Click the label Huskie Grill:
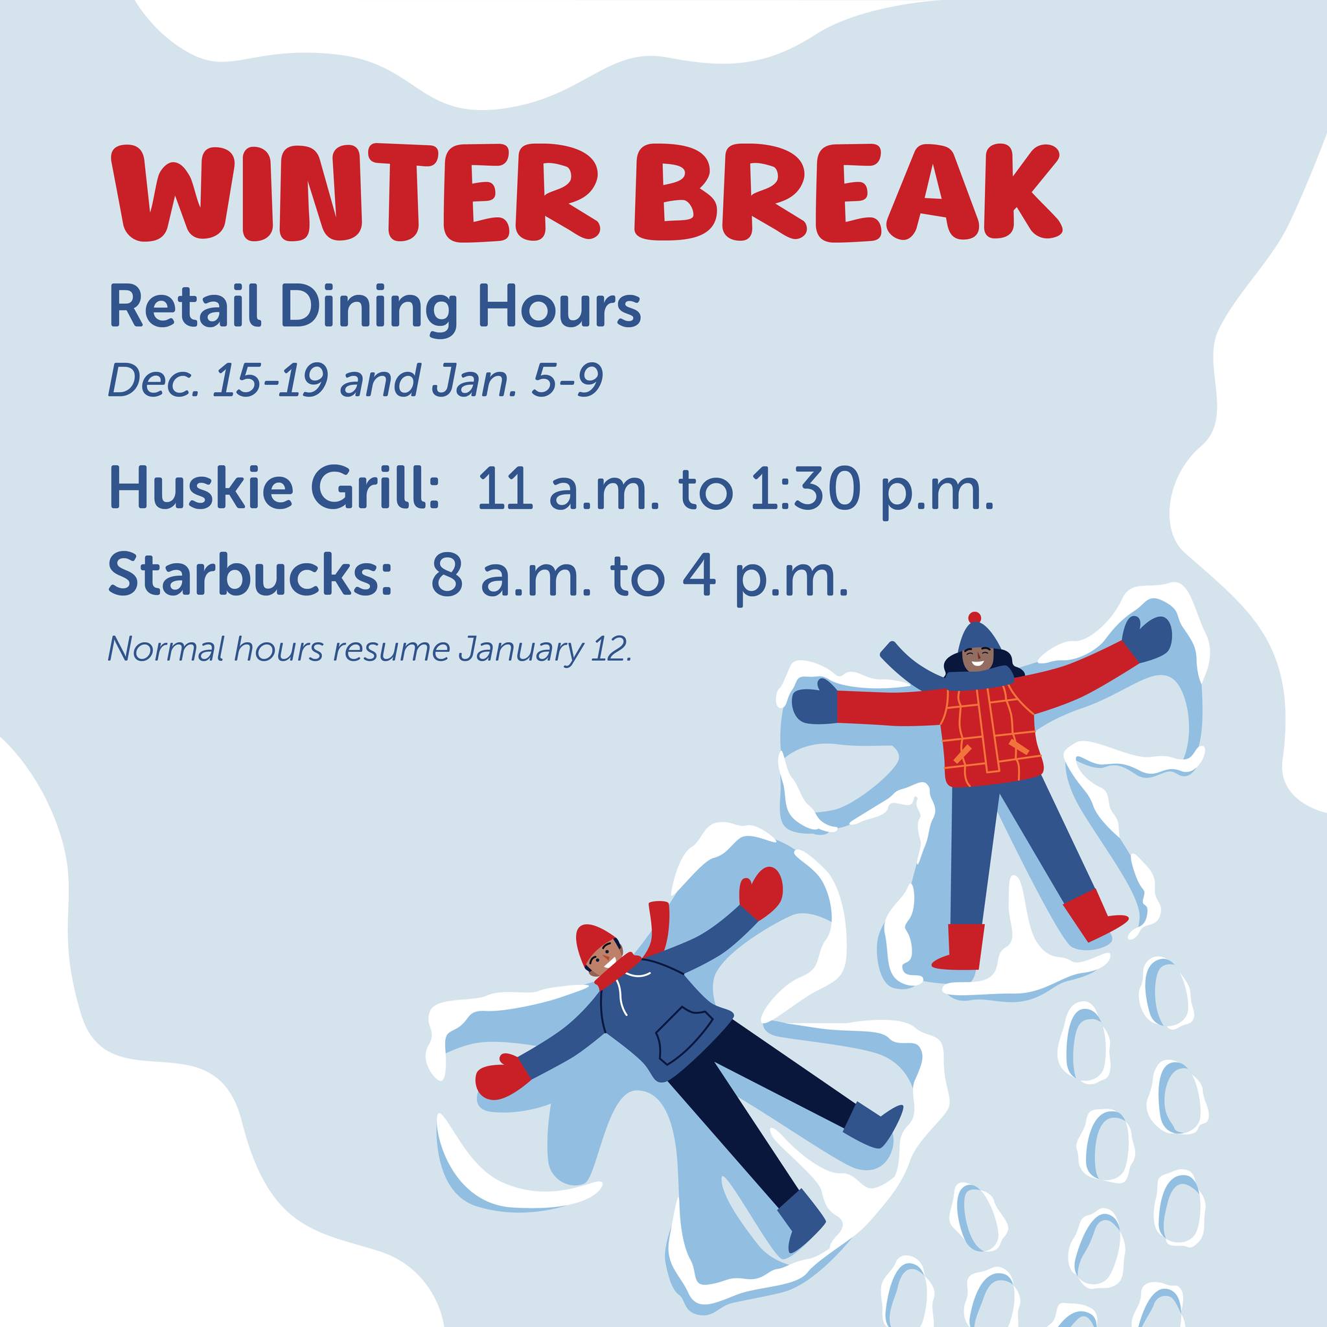[x=274, y=489]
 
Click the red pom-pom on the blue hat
[x=974, y=617]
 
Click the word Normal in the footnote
[x=160, y=649]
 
